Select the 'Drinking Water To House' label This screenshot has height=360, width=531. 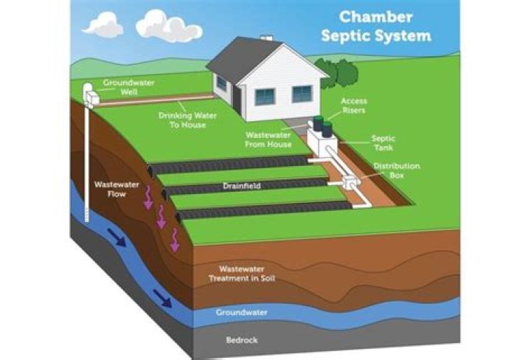[x=181, y=120]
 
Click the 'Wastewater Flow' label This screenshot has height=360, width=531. [x=111, y=189]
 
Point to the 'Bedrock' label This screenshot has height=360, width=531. [x=240, y=339]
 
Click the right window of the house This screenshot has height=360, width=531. [x=302, y=94]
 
